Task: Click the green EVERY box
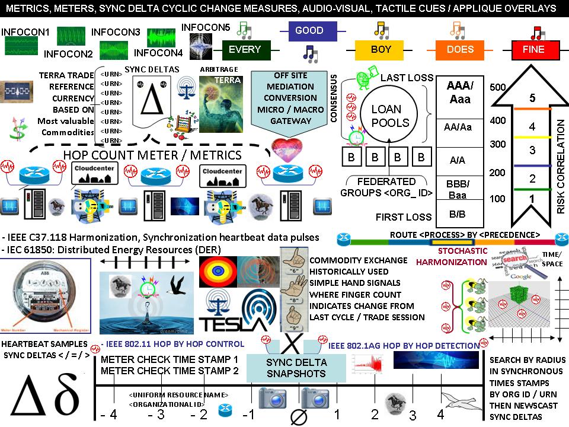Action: point(245,49)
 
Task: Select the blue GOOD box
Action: point(309,31)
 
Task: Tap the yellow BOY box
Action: point(381,50)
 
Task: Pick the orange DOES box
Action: point(460,50)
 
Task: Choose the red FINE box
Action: point(533,50)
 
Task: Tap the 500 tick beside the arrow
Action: point(498,88)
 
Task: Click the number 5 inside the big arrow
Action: point(532,98)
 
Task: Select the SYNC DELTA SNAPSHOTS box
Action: point(295,368)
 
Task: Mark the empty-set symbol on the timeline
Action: point(299,416)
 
